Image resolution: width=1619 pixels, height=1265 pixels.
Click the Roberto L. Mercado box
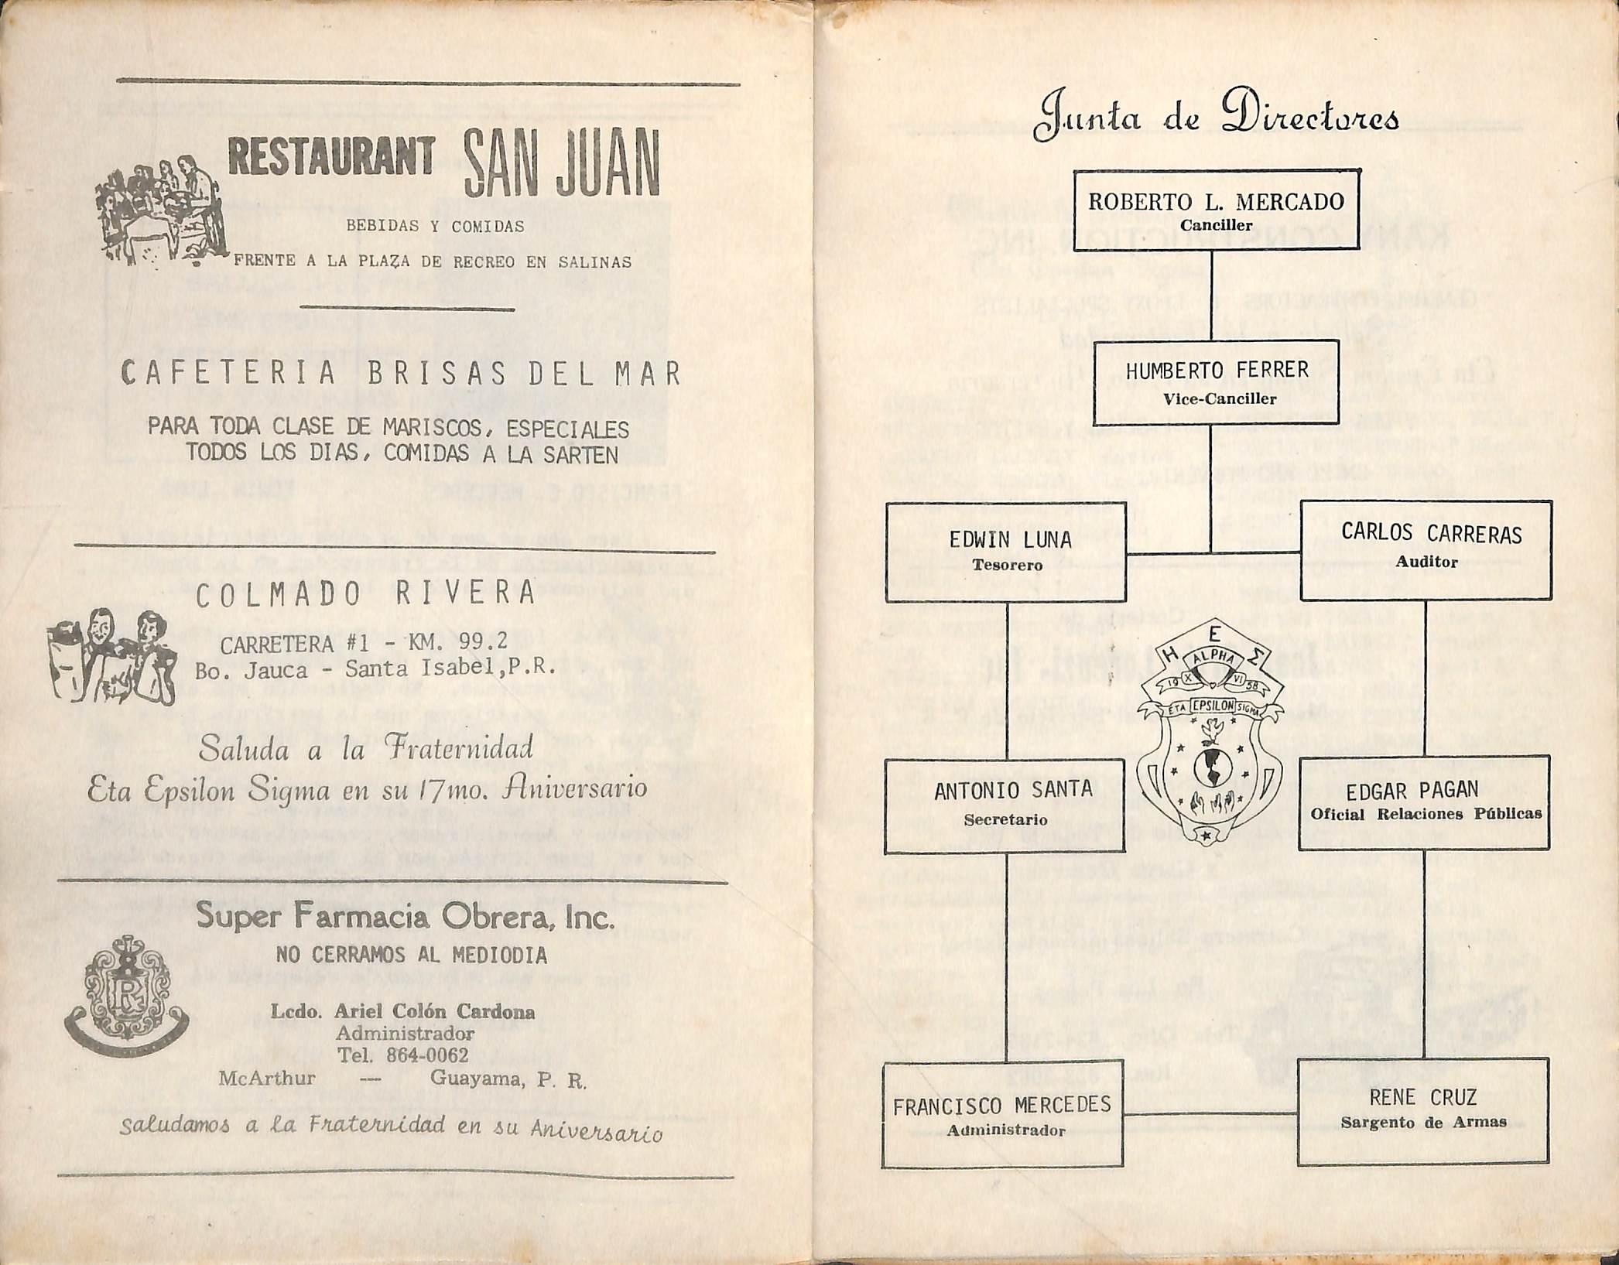click(1216, 210)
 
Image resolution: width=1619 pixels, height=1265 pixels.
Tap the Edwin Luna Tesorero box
click(1005, 551)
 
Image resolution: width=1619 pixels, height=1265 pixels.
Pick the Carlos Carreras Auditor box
click(1426, 550)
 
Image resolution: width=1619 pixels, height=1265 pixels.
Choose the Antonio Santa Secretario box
click(1005, 805)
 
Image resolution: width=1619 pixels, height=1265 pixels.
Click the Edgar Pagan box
click(1424, 802)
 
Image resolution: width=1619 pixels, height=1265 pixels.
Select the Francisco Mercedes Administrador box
click(1002, 1113)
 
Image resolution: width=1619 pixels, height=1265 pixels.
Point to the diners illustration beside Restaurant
click(160, 210)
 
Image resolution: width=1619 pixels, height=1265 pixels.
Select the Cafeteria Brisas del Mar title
click(401, 374)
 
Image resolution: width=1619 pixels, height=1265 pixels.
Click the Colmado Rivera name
click(365, 594)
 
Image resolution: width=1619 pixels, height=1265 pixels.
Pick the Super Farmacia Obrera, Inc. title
click(406, 918)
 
